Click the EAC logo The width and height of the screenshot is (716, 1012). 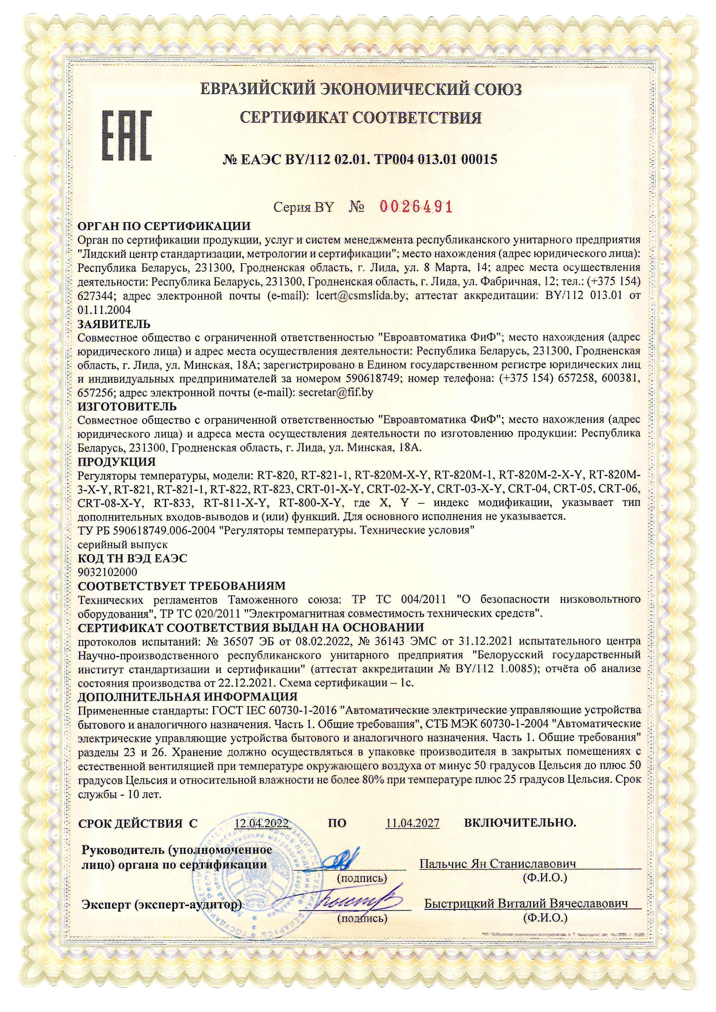click(127, 135)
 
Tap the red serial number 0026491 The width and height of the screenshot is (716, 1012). click(416, 206)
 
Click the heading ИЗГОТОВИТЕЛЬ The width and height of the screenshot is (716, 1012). click(127, 406)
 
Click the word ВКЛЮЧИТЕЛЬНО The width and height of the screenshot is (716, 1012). click(520, 822)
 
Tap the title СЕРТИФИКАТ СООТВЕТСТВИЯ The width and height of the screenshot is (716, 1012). click(360, 118)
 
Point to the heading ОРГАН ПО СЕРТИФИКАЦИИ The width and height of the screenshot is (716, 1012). click(164, 227)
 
